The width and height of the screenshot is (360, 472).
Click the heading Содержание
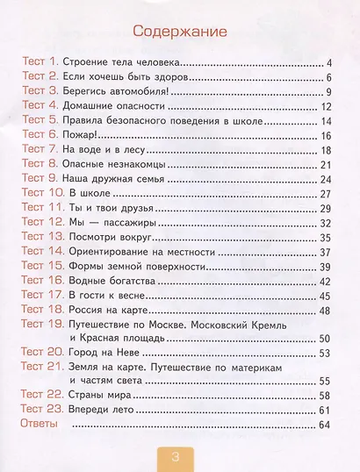(179, 32)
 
